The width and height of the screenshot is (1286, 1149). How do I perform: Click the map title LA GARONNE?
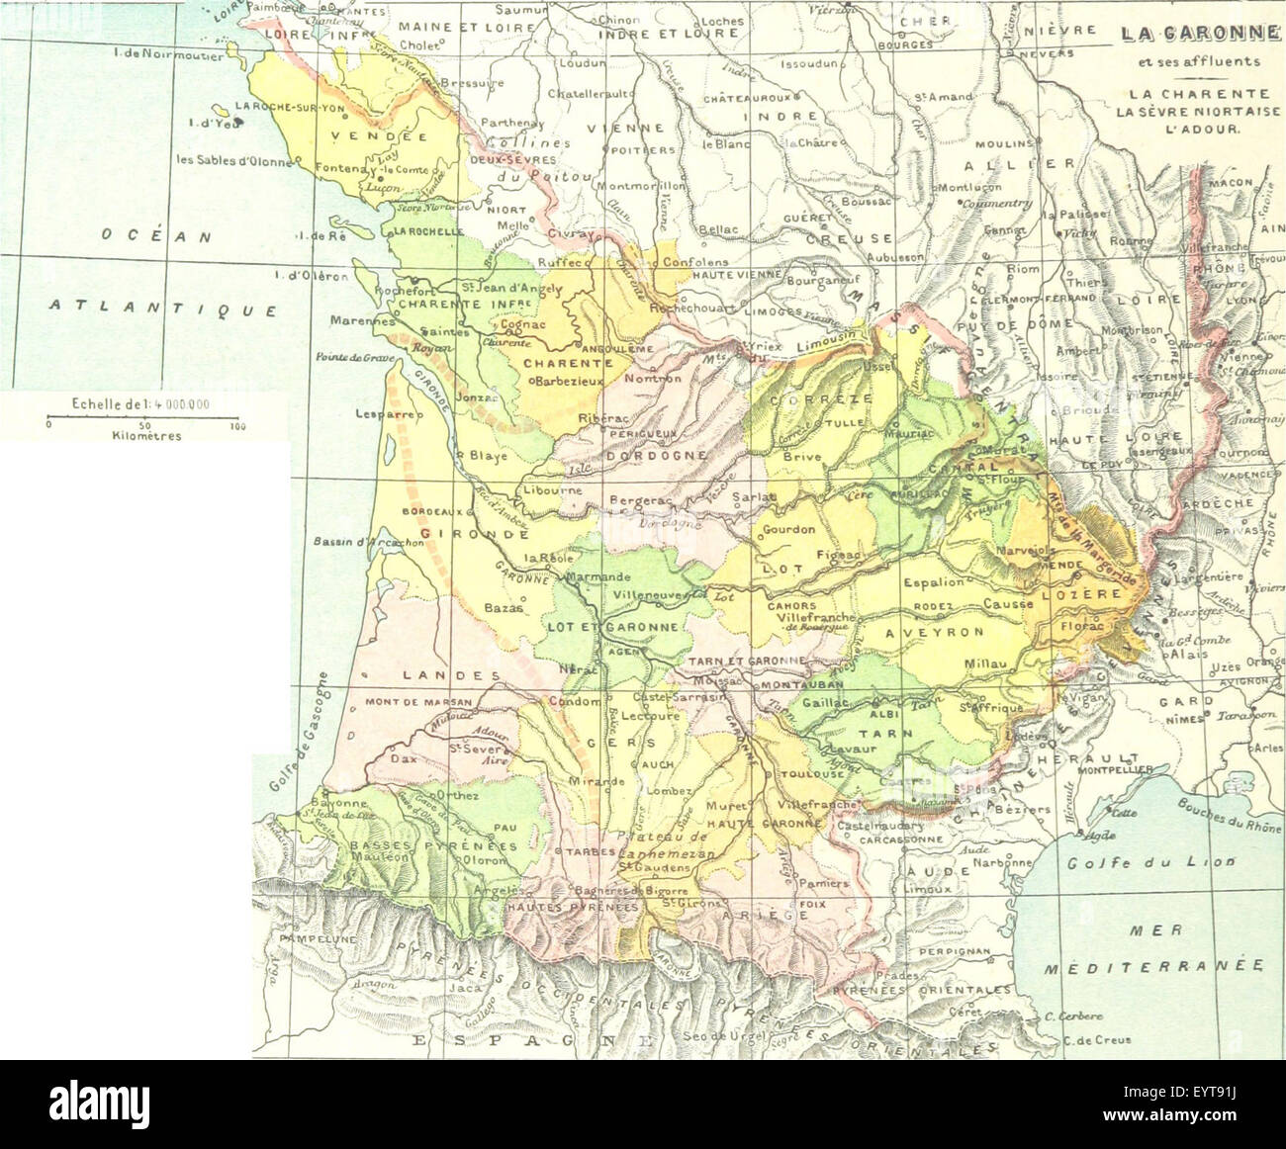coord(1198,33)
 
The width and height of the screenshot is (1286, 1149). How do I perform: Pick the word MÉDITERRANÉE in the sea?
coord(1154,966)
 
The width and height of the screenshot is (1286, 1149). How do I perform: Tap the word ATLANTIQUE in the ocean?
coord(163,309)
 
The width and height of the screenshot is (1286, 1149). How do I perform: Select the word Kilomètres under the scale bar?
coord(146,436)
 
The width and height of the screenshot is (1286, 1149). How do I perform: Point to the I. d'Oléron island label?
coord(312,277)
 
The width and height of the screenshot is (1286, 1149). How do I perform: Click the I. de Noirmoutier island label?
coord(169,56)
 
